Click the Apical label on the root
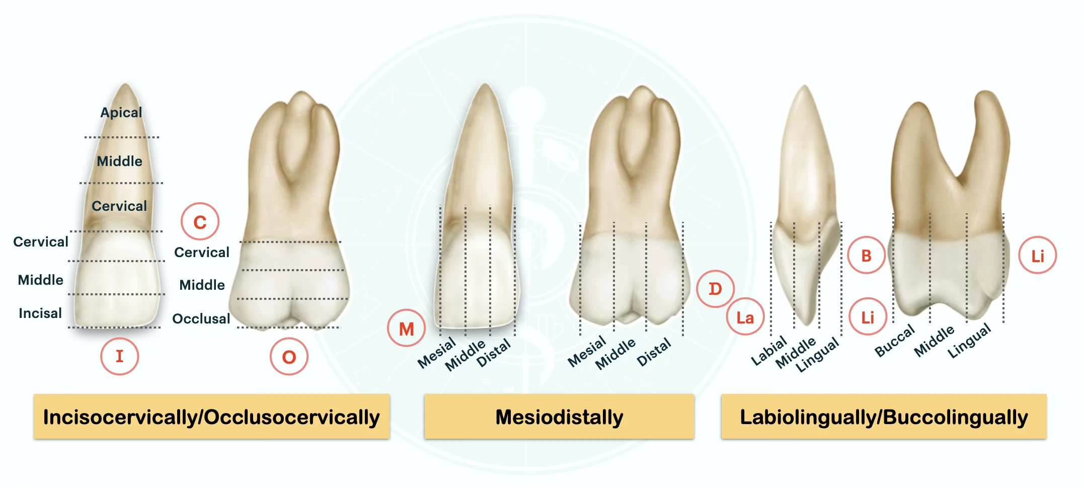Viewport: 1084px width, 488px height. coord(121,112)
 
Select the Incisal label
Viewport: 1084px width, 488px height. coord(40,313)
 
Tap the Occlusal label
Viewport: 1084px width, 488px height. coord(201,318)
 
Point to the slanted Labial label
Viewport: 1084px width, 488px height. coord(768,351)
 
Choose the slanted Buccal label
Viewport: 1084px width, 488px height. coord(894,341)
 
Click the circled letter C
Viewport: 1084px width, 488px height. coord(200,222)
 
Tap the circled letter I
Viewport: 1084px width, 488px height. coord(119,356)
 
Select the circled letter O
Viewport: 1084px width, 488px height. coord(289,357)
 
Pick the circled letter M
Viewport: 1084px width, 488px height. coord(406,329)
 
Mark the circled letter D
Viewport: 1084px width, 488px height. coord(715,289)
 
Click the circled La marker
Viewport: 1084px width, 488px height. coord(745,317)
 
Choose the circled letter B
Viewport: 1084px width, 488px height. coord(866,256)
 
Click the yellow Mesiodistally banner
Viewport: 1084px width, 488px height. coord(559,417)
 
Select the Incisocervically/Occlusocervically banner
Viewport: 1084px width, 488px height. coord(211,417)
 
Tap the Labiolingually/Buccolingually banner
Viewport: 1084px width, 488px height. coord(884,417)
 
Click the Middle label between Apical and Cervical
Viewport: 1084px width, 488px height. coord(120,161)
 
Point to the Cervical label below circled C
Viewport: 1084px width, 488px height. coord(202,252)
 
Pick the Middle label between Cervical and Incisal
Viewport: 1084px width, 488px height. coord(41,280)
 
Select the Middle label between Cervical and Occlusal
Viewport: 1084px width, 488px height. coord(202,285)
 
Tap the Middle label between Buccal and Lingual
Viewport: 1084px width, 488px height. coord(934,341)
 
